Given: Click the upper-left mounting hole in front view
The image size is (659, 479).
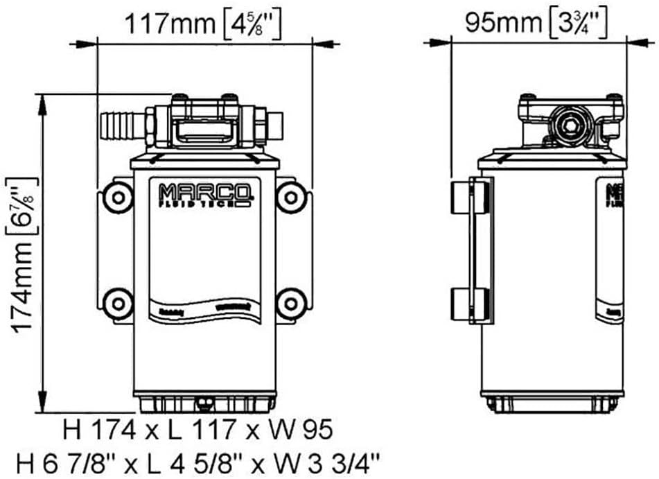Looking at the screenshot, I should pyautogui.click(x=118, y=198).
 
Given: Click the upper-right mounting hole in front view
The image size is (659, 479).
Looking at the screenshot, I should pyautogui.click(x=292, y=198).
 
